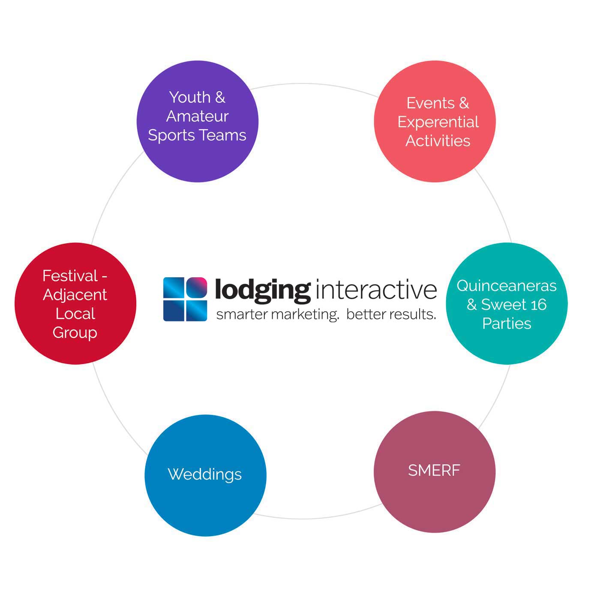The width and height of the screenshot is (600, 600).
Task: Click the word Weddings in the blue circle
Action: (204, 474)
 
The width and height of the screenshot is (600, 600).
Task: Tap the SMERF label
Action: (434, 471)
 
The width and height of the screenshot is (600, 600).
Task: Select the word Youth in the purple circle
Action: (189, 98)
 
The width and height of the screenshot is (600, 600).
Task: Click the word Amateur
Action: (197, 116)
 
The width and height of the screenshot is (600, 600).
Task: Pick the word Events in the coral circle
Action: (430, 103)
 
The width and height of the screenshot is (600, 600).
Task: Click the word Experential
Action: (438, 122)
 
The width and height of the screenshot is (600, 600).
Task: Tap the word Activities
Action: (438, 141)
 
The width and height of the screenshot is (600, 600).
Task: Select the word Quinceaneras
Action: (506, 286)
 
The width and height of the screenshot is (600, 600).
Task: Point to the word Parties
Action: (507, 324)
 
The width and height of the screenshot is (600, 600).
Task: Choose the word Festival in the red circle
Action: (70, 276)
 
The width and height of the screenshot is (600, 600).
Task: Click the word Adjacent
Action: (75, 295)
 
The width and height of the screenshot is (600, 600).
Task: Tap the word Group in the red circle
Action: (75, 333)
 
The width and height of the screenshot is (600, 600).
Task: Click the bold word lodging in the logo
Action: (262, 290)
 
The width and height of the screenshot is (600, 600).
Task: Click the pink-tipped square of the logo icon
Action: (196, 288)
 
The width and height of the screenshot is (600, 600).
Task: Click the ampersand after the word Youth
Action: (220, 98)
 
